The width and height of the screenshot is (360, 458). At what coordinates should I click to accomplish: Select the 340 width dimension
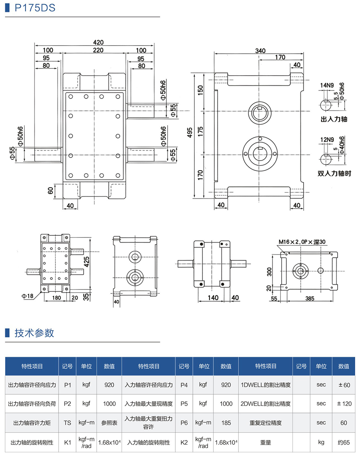[x=260, y=51]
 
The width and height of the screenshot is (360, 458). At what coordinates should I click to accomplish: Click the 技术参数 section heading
[x=34, y=333]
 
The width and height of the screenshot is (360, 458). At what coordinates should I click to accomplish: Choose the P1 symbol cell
[x=67, y=385]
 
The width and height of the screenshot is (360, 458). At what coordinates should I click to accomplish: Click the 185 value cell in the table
[x=226, y=422]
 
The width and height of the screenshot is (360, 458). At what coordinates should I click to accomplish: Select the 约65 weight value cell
[x=344, y=442]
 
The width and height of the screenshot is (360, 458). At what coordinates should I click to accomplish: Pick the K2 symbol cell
[x=184, y=442]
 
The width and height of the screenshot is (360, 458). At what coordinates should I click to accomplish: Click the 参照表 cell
[x=109, y=422]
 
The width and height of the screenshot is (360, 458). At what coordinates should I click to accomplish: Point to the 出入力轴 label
[x=334, y=119]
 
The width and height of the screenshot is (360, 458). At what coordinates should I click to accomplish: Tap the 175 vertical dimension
[x=200, y=132]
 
